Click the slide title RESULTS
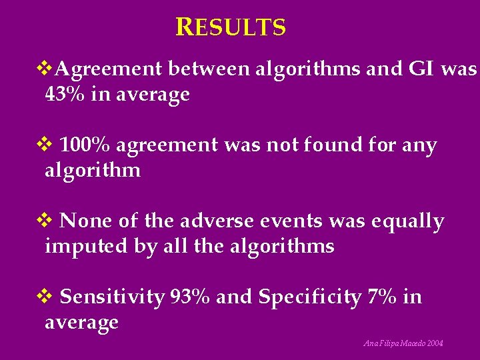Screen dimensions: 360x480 pyautogui.click(x=231, y=27)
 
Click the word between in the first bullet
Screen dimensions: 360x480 pyautogui.click(x=209, y=69)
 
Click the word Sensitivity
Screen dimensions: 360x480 pyautogui.click(x=112, y=297)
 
